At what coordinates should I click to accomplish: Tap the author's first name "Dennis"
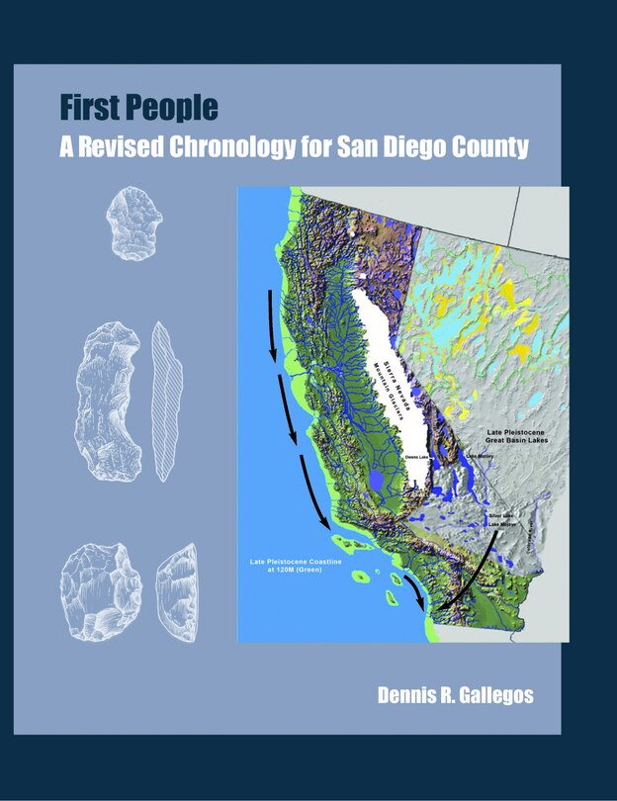point(409,695)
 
